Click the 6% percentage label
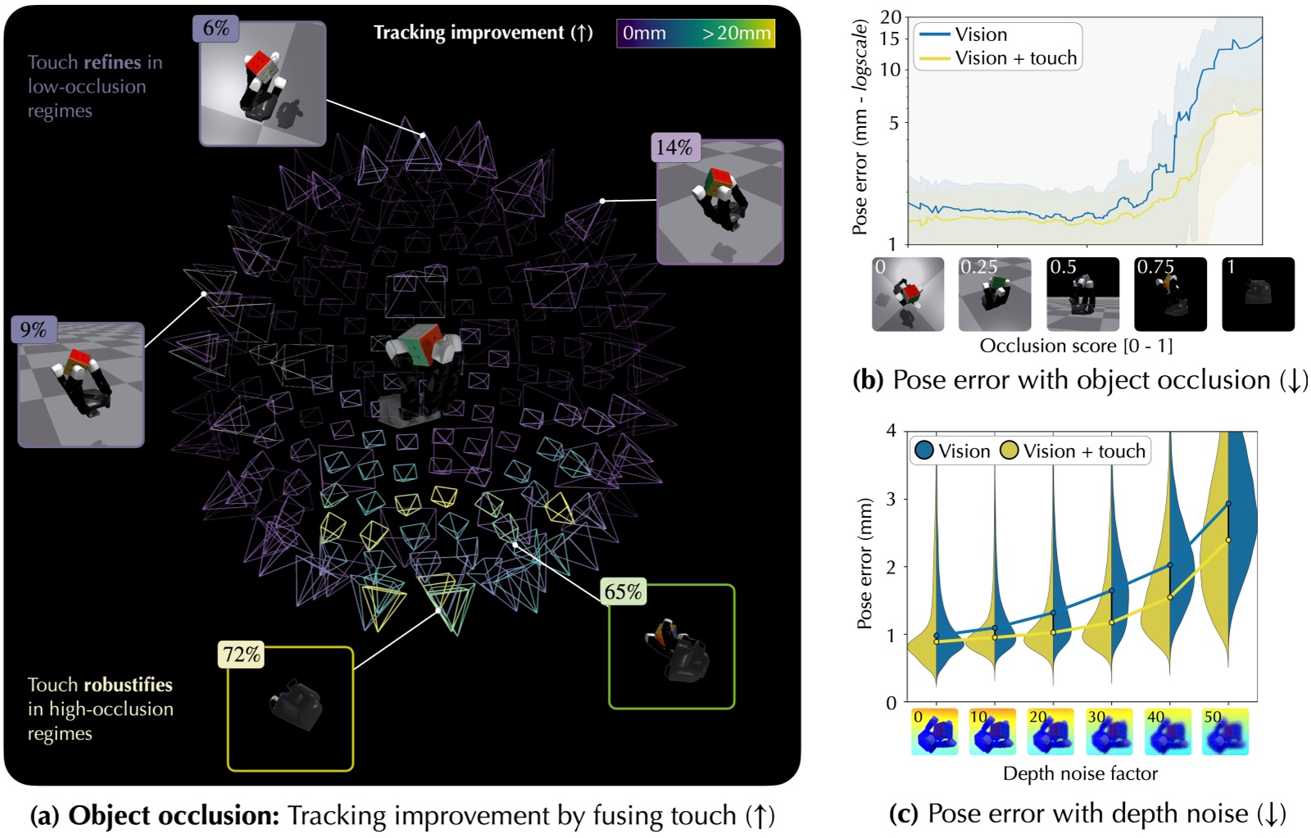[216, 29]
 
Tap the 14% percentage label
[674, 147]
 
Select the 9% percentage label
[34, 329]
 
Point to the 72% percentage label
[241, 655]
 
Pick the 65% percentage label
[623, 591]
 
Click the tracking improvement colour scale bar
[696, 34]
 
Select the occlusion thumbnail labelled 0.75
[1170, 295]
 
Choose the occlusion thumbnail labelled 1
[1258, 295]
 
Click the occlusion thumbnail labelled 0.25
[995, 295]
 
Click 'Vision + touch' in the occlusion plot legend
[1015, 58]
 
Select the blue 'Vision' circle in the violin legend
[924, 451]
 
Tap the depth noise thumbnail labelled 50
[1225, 732]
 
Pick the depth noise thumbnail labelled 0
[934, 732]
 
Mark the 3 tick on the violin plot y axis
[891, 499]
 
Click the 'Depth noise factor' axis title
[1080, 773]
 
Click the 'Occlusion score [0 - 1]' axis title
[1076, 346]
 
